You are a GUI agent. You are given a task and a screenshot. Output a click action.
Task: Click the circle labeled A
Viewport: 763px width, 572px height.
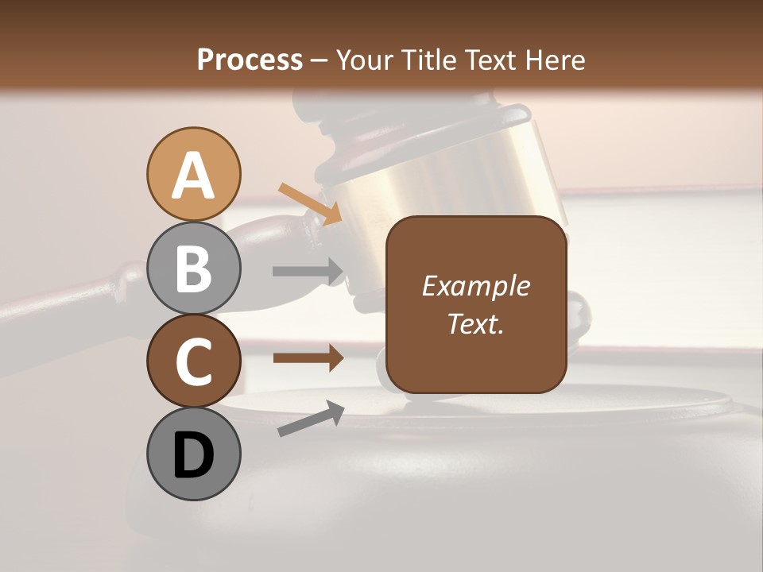pyautogui.click(x=193, y=174)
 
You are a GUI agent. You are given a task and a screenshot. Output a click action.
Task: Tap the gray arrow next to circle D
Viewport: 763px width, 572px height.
pyautogui.click(x=311, y=419)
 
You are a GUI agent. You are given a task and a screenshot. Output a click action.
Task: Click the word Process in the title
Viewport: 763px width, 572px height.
pyautogui.click(x=250, y=60)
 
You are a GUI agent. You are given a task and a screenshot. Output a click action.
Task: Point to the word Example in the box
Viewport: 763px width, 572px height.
pyautogui.click(x=475, y=286)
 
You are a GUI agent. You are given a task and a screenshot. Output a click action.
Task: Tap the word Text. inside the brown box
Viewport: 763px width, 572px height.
pyautogui.click(x=475, y=323)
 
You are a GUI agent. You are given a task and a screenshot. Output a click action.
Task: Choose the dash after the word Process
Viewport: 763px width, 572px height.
pyautogui.click(x=320, y=61)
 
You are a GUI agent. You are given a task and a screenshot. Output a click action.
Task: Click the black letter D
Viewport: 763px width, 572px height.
pyautogui.click(x=193, y=454)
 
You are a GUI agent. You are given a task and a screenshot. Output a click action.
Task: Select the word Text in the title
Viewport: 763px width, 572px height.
pyautogui.click(x=494, y=60)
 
